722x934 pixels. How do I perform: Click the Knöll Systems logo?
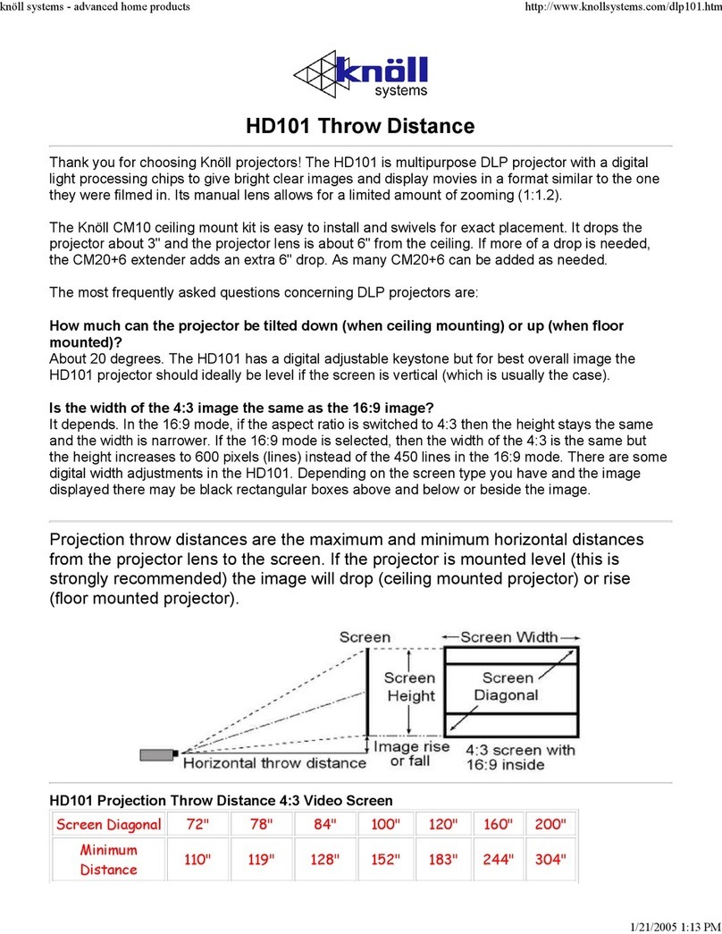[x=361, y=75]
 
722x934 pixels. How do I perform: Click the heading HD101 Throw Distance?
[x=361, y=126]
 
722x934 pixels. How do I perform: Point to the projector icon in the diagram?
[x=159, y=754]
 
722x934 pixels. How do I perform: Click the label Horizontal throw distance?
[x=274, y=762]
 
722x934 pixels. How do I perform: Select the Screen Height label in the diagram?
[x=410, y=686]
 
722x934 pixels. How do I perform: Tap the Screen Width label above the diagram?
[x=508, y=637]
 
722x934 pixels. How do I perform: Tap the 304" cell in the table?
[x=549, y=860]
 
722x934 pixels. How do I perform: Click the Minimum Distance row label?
[x=108, y=860]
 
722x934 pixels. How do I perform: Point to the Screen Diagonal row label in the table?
[x=108, y=823]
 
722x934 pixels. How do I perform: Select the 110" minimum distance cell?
[x=197, y=860]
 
